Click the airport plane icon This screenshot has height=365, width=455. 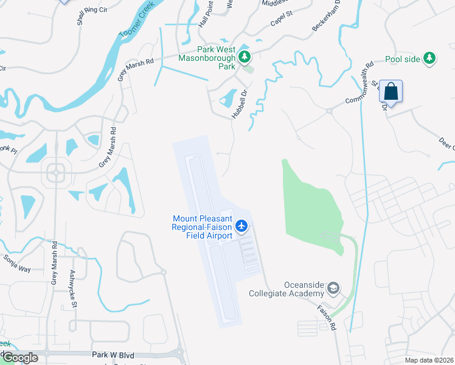(x=241, y=226)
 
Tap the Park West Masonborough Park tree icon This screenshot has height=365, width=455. (x=245, y=57)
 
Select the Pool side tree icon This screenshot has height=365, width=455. (x=430, y=58)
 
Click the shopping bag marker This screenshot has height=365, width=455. (x=391, y=92)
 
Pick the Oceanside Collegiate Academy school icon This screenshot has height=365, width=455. (x=333, y=287)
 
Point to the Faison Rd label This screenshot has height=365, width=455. (x=325, y=317)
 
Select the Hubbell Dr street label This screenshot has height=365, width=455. (x=240, y=103)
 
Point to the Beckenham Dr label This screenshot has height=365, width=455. (x=325, y=19)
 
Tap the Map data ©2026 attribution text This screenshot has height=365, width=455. (x=429, y=360)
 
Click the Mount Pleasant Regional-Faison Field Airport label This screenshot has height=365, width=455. (x=202, y=227)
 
